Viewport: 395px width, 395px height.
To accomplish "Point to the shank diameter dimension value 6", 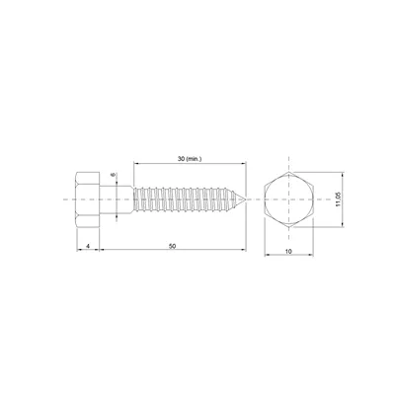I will [x=115, y=177].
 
